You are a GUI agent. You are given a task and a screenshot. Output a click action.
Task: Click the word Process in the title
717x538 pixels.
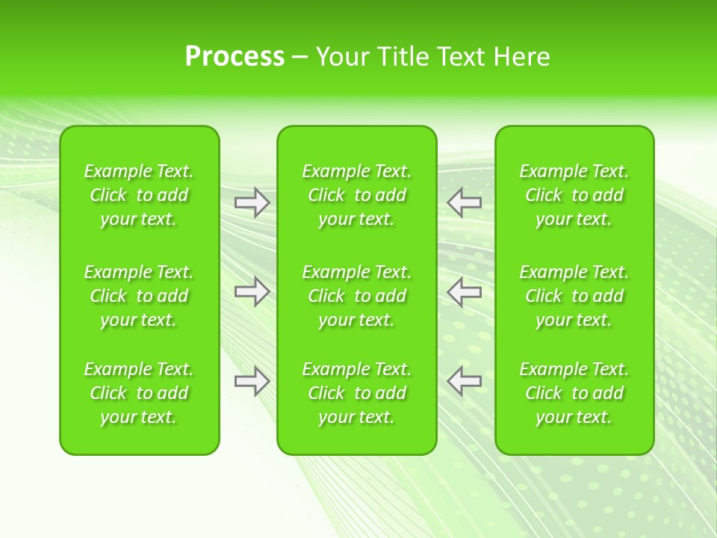click(235, 57)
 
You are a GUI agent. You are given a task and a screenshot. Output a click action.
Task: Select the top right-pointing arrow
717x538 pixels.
click(252, 202)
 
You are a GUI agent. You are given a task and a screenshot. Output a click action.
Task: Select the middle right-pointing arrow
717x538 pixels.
click(252, 291)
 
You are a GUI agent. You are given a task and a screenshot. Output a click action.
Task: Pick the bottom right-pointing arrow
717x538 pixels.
click(252, 381)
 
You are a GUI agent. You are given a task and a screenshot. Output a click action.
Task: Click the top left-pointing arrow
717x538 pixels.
click(464, 202)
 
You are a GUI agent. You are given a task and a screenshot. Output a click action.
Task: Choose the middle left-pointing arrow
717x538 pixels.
click(464, 291)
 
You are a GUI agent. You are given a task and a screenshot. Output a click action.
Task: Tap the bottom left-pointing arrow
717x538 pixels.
click(464, 381)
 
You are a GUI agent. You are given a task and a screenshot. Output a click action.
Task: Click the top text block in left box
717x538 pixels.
click(139, 195)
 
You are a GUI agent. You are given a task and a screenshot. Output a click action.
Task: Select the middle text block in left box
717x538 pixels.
click(139, 296)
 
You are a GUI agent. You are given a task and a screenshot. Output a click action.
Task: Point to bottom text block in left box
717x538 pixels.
click(139, 393)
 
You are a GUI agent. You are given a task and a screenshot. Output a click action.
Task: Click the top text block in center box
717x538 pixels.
click(356, 195)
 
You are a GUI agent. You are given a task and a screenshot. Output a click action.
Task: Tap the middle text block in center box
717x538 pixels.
click(356, 296)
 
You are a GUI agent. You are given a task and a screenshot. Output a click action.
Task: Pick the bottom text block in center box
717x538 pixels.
click(356, 393)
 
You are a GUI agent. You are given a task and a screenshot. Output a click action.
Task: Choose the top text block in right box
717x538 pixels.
click(574, 195)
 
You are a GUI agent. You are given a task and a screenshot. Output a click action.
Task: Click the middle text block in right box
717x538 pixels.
click(574, 296)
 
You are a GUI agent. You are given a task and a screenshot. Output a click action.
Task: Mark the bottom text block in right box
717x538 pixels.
click(574, 393)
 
